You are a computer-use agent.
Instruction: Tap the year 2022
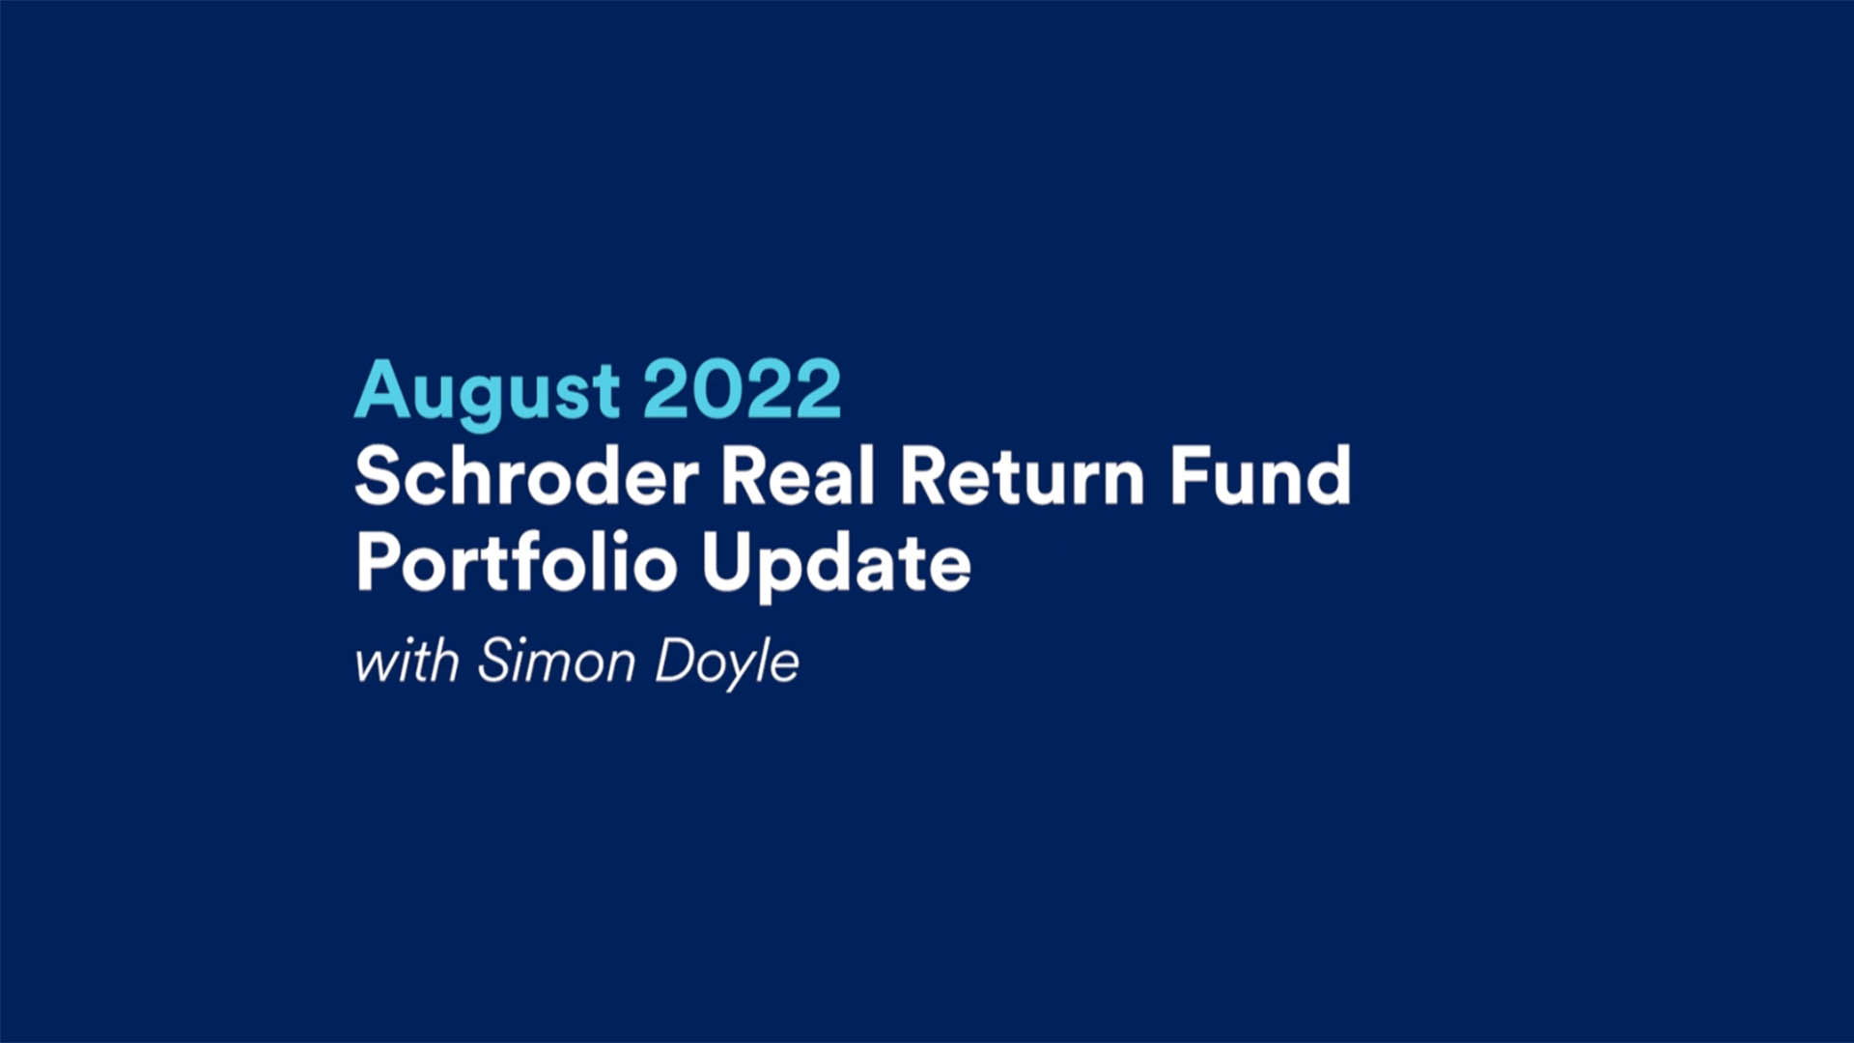click(x=742, y=388)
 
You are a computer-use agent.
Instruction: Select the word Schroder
click(x=527, y=475)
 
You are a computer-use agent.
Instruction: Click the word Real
click(x=798, y=475)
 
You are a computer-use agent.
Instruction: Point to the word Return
click(x=1023, y=476)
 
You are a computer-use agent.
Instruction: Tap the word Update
click(x=836, y=565)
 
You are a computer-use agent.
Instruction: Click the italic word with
click(x=407, y=662)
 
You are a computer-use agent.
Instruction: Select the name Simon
click(x=556, y=662)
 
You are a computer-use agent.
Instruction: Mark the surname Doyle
click(x=727, y=664)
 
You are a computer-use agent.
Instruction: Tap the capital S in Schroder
click(x=379, y=475)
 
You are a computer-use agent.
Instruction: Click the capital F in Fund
click(x=1190, y=475)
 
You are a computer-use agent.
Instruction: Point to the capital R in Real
click(x=745, y=475)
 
